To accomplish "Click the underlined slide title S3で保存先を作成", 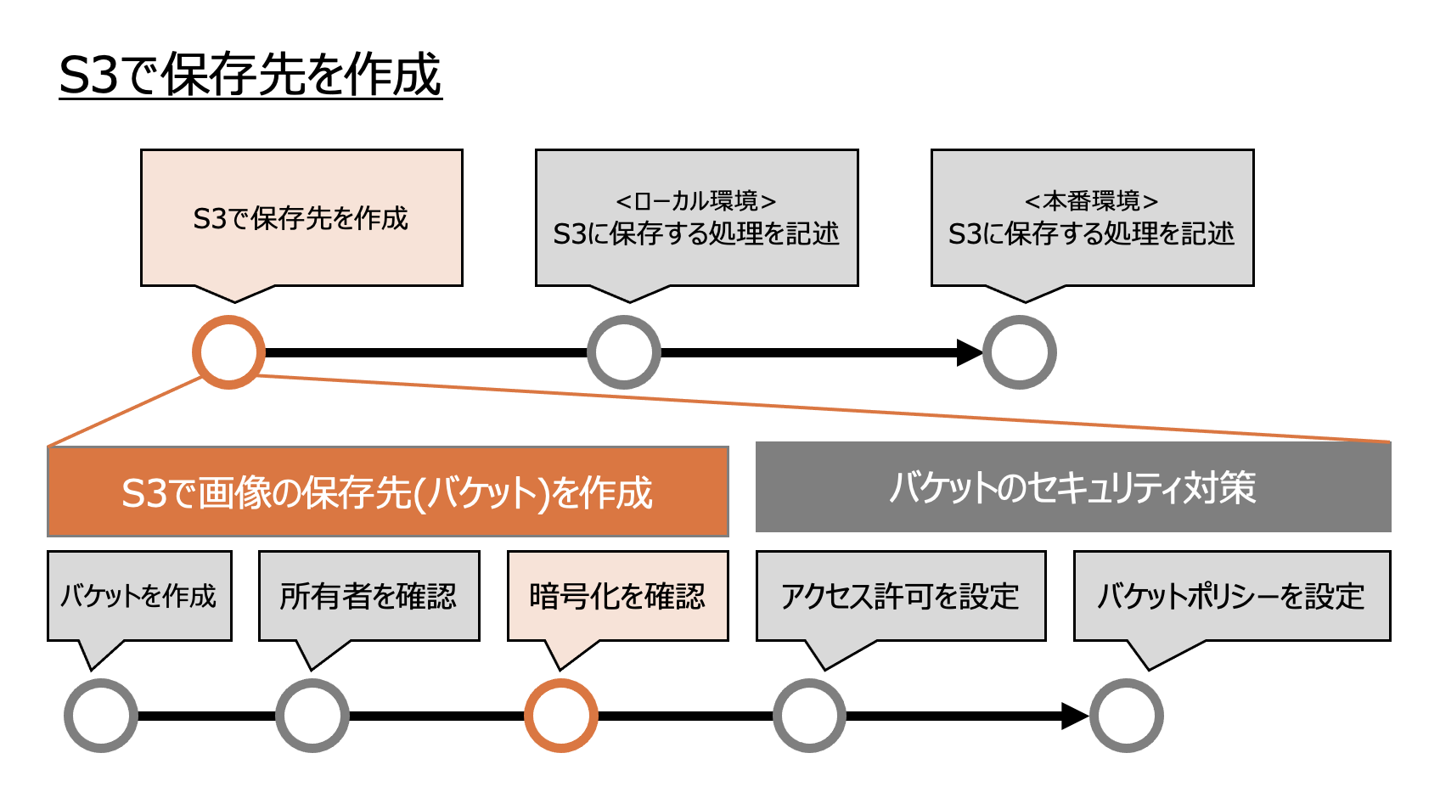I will point(250,75).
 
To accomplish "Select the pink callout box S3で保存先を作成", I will point(301,218).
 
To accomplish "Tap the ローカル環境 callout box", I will point(696,218).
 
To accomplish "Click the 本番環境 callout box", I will point(1092,218).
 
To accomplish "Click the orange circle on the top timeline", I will point(228,352).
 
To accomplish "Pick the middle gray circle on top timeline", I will point(624,352).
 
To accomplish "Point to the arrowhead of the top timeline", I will point(969,352).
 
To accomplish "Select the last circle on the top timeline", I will point(1020,352).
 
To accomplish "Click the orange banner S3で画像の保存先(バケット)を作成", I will point(388,492).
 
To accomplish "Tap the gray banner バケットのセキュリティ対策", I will point(1073,487).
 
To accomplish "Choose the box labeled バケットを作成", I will point(139,596).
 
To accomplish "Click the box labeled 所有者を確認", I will point(369,596).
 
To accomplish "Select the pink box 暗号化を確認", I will point(617,596).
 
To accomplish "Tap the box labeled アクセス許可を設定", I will point(901,596).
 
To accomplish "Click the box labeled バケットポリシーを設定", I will point(1232,596).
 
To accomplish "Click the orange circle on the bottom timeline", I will point(561,716).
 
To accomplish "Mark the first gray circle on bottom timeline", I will point(101,716).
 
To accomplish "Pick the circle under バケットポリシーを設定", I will point(1127,716).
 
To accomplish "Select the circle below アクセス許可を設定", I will point(810,716).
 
